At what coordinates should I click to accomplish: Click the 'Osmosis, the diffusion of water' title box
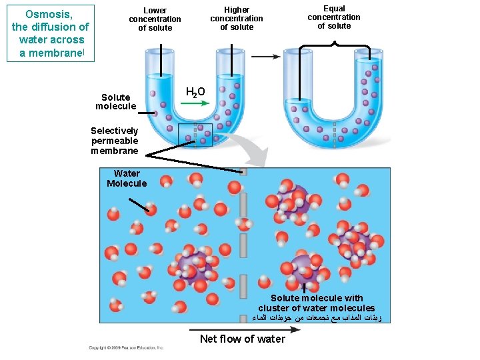point(51,33)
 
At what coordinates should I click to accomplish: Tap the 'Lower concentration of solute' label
point(155,19)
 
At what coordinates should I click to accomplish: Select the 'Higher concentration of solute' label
point(237,19)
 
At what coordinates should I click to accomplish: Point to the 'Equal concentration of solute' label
point(334,17)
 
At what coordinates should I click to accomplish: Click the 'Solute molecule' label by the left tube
point(115,102)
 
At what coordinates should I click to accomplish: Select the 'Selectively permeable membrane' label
point(115,141)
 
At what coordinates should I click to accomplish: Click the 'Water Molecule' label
point(127,179)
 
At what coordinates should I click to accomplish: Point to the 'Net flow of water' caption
point(243,339)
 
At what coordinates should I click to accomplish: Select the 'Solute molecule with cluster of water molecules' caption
point(317,303)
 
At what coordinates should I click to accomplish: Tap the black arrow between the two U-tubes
point(265,57)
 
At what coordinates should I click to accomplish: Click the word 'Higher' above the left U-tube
point(237,10)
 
